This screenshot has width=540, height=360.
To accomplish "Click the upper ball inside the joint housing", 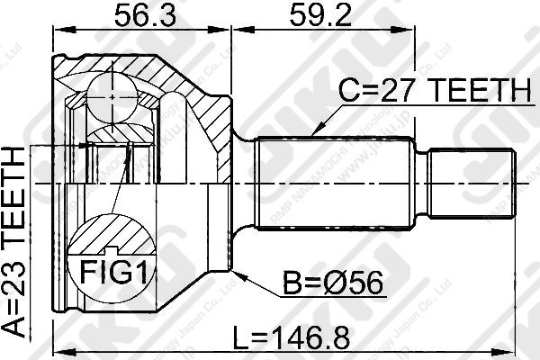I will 113,93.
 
